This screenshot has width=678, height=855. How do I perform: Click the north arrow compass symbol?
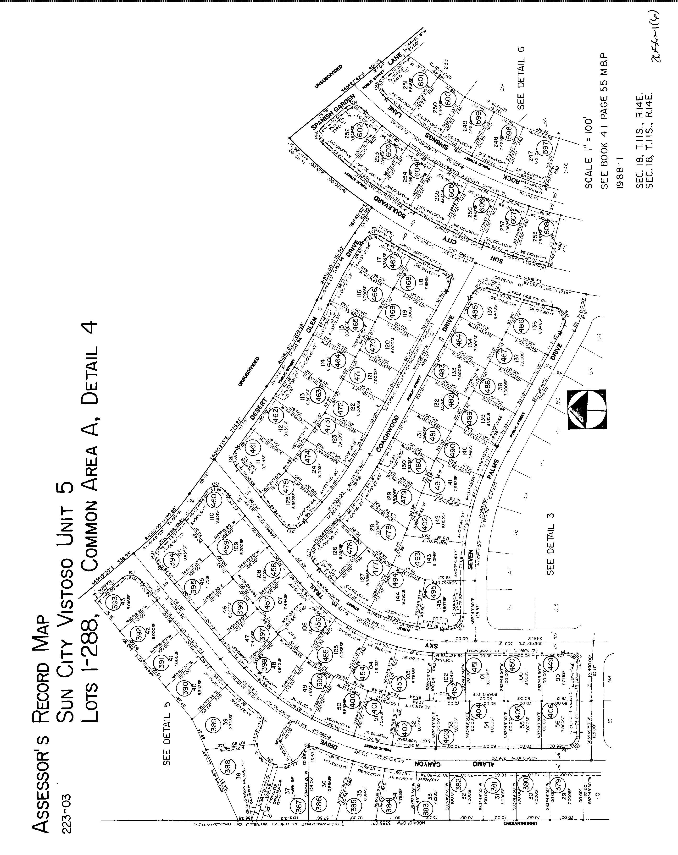coord(587,410)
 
